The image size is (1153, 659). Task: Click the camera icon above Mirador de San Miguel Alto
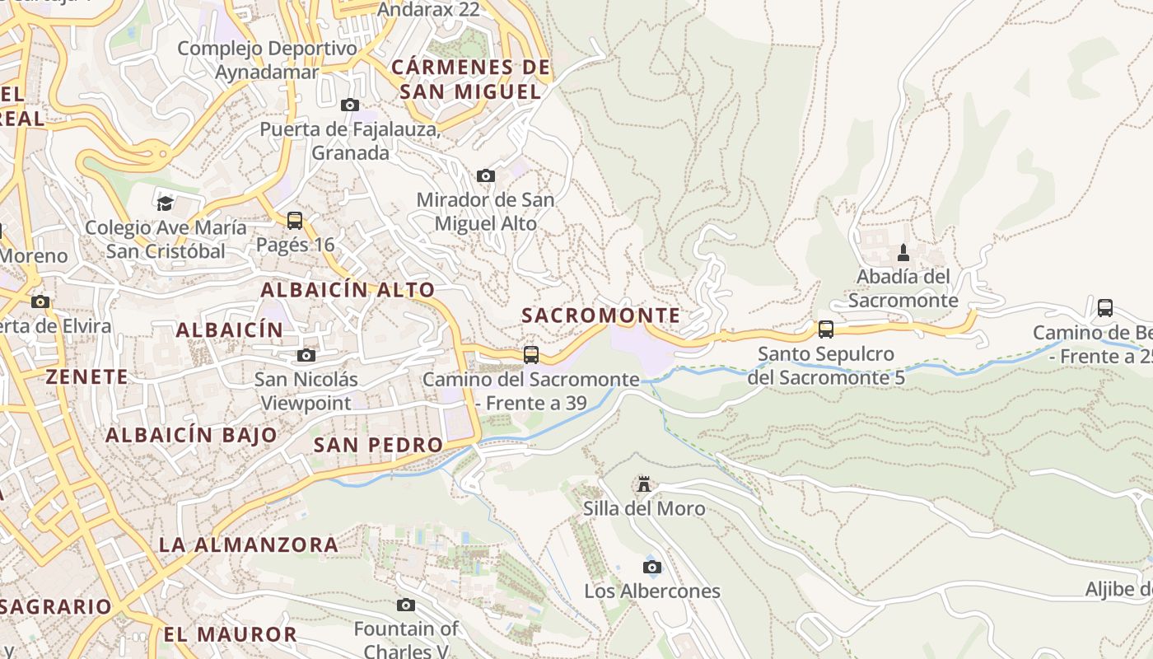point(486,175)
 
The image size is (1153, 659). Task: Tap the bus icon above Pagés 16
point(295,221)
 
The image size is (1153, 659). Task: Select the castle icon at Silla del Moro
point(644,484)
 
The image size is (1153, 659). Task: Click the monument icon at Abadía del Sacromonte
point(903,252)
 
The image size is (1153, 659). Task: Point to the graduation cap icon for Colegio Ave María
point(166,203)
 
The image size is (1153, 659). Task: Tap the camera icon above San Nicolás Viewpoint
point(306,355)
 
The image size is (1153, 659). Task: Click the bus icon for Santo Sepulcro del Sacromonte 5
point(826,329)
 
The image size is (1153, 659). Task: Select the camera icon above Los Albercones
point(651,567)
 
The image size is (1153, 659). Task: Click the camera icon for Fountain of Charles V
point(406,605)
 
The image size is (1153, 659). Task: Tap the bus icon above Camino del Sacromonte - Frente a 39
point(531,355)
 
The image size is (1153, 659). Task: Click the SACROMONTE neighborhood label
point(601,315)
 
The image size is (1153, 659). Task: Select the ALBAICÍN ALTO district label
point(348,290)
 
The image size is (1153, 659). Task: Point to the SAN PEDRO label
point(379,445)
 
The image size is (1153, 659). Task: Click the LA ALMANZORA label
point(249,544)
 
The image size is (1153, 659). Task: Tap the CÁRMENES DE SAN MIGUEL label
point(471,79)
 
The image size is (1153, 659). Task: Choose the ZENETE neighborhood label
point(87,377)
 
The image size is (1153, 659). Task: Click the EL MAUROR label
point(230,634)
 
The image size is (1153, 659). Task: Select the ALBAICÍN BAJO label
point(191,435)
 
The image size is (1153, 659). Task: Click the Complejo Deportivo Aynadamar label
point(268,60)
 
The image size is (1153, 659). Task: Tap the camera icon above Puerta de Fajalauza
point(350,105)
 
